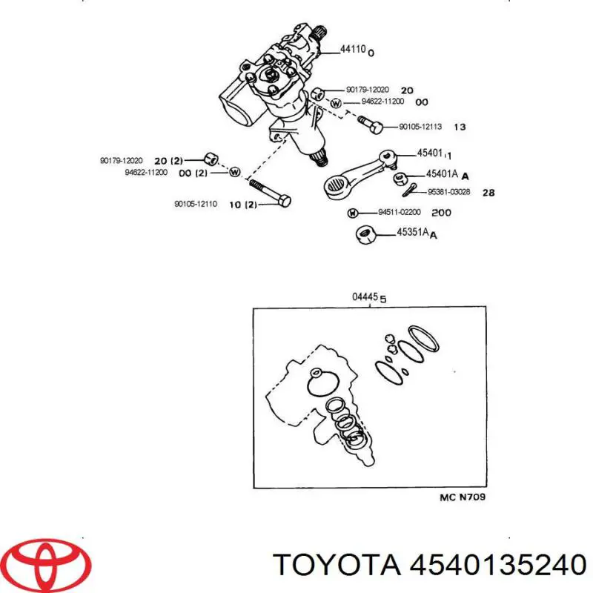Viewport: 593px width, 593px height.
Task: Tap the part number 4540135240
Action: (x=497, y=565)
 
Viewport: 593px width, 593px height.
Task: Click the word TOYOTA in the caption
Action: (x=337, y=565)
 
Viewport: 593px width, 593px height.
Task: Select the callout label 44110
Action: (x=353, y=49)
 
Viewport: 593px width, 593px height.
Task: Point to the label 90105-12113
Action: (x=420, y=127)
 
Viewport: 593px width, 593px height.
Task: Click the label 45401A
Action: (x=442, y=174)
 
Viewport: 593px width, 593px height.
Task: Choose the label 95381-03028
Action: (x=448, y=192)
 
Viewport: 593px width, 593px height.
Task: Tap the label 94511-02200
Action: (x=400, y=212)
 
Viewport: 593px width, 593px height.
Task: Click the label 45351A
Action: (x=413, y=232)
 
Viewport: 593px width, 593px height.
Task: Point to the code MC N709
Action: (x=462, y=497)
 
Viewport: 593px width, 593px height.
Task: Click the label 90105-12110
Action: (x=196, y=204)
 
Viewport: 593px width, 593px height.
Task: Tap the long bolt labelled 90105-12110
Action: (x=270, y=193)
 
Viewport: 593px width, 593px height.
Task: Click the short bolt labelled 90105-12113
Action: (x=370, y=125)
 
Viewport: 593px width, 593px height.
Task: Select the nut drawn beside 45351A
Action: (x=365, y=234)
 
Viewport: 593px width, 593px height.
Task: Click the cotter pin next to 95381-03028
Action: (x=410, y=190)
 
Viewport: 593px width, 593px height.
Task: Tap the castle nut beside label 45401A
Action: (x=400, y=178)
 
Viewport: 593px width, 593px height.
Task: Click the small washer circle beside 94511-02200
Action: (x=352, y=213)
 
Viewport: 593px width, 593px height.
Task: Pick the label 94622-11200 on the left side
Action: (x=146, y=173)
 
